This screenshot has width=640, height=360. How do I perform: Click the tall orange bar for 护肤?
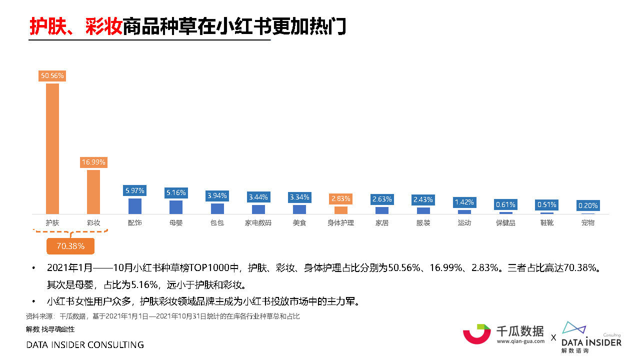(52, 149)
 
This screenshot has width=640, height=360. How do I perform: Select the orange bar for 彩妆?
(93, 192)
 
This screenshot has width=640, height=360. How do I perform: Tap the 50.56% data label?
(52, 75)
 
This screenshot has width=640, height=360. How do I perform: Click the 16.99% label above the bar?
(93, 162)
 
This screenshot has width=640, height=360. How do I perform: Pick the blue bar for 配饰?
(135, 206)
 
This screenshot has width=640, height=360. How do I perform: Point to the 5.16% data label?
(176, 192)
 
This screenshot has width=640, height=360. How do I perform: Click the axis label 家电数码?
(258, 223)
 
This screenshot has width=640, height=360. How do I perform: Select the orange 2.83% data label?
(340, 199)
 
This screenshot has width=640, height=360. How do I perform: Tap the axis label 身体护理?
(340, 223)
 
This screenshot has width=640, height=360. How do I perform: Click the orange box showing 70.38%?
(70, 246)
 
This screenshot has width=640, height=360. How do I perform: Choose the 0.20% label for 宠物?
(588, 205)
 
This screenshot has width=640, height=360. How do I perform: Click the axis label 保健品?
(505, 223)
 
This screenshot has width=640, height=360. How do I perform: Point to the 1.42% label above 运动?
(464, 202)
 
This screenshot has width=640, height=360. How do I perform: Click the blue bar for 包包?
(217, 208)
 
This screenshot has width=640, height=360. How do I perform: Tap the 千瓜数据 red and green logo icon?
(476, 333)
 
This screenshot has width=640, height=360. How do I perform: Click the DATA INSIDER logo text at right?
(591, 342)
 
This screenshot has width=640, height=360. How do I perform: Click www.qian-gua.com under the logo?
(520, 341)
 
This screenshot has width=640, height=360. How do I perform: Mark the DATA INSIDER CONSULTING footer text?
(85, 345)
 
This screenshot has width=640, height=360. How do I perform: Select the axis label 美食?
(299, 223)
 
